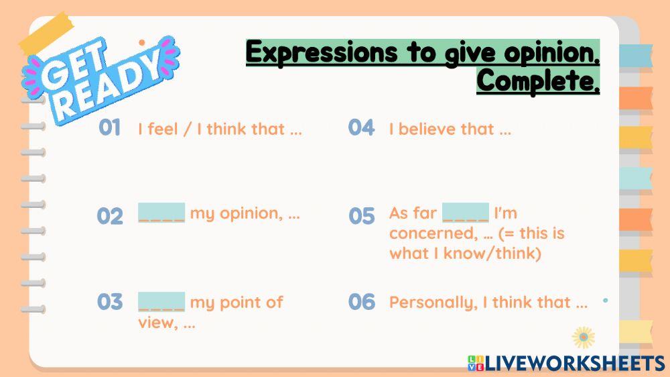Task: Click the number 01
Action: pyautogui.click(x=109, y=128)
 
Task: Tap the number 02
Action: pyautogui.click(x=110, y=216)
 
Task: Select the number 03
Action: pyautogui.click(x=110, y=302)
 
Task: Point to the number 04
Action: pyautogui.click(x=361, y=127)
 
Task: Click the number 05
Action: pyautogui.click(x=361, y=216)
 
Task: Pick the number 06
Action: pyautogui.click(x=361, y=302)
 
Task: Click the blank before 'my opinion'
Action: pyautogui.click(x=161, y=213)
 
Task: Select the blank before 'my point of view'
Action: pyautogui.click(x=161, y=301)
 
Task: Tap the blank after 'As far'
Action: pyautogui.click(x=466, y=213)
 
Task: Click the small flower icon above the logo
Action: pyautogui.click(x=584, y=337)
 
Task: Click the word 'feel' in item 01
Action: pyautogui.click(x=163, y=129)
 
